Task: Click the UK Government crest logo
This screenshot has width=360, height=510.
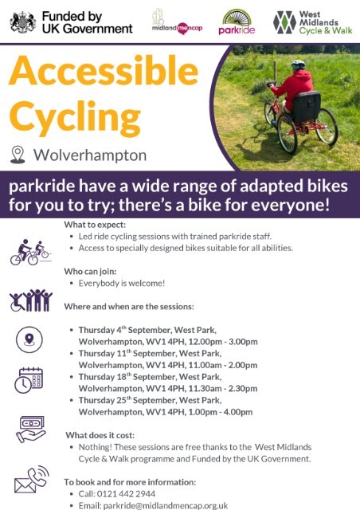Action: [23, 22]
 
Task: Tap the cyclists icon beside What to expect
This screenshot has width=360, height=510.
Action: [29, 253]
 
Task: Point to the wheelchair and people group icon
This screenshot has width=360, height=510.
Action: [30, 301]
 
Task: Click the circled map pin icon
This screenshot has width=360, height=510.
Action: [29, 340]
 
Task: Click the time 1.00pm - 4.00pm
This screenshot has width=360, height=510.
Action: [218, 412]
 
